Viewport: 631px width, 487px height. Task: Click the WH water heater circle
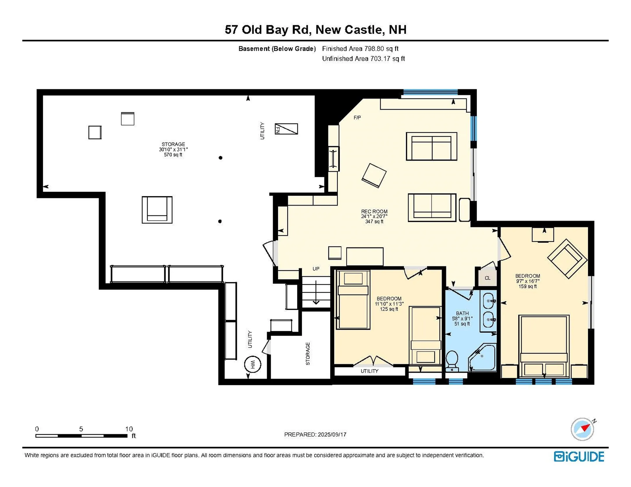[252, 364]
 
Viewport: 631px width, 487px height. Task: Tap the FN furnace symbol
[286, 129]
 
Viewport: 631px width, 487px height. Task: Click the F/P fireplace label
[357, 118]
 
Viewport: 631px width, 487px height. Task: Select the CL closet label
[487, 278]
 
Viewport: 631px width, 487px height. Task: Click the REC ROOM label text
[374, 211]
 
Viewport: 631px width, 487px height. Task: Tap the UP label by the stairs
[316, 269]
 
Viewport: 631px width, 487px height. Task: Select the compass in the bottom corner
[582, 429]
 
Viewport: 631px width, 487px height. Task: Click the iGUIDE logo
[579, 456]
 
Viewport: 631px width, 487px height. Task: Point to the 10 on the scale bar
[129, 429]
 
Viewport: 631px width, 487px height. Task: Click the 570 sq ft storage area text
[173, 155]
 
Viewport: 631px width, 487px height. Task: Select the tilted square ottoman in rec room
[374, 175]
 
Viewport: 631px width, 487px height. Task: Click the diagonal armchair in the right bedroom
[567, 259]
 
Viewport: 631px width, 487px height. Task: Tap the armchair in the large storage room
[157, 210]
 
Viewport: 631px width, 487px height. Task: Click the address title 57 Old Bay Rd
[315, 30]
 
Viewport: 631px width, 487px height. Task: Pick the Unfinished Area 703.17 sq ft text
[363, 58]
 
